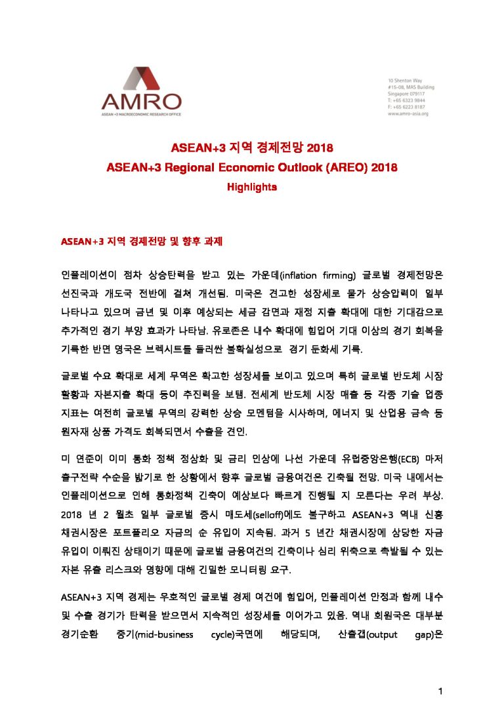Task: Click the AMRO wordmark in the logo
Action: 141,100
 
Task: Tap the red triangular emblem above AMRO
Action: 141,78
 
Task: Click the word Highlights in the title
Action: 252,187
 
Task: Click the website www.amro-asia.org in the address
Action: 408,113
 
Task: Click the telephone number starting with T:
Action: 407,100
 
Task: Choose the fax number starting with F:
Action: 407,106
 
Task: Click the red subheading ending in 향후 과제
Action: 142,242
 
